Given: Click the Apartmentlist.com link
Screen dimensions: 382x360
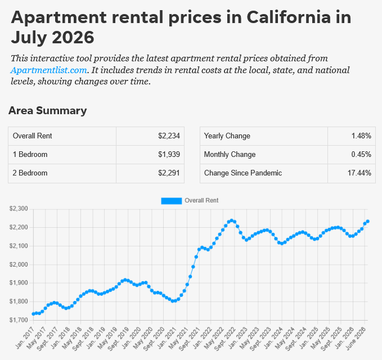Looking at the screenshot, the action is pyautogui.click(x=49, y=70).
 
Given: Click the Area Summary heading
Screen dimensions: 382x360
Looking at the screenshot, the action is pyautogui.click(x=47, y=111).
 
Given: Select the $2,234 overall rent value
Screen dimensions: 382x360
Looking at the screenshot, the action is pyautogui.click(x=169, y=136).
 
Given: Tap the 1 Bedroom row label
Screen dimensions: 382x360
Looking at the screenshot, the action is pyautogui.click(x=30, y=155).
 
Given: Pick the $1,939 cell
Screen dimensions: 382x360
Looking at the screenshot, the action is pyautogui.click(x=169, y=155).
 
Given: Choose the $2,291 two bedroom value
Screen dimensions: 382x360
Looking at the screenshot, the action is pyautogui.click(x=169, y=173).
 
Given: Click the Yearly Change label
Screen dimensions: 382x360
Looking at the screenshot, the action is pyautogui.click(x=227, y=136).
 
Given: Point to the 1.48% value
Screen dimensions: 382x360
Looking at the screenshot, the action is pyautogui.click(x=361, y=136).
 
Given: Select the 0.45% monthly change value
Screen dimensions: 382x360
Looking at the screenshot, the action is pyautogui.click(x=361, y=155).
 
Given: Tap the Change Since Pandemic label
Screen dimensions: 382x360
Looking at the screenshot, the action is pyautogui.click(x=243, y=173).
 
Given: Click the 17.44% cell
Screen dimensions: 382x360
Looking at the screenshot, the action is pyautogui.click(x=359, y=173).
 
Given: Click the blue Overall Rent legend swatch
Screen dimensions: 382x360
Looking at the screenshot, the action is pyautogui.click(x=171, y=201).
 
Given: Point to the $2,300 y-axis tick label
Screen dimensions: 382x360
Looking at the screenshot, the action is pyautogui.click(x=19, y=209).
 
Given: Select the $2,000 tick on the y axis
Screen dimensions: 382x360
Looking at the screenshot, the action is pyautogui.click(x=19, y=264).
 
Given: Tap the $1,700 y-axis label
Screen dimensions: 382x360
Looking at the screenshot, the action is pyautogui.click(x=19, y=320).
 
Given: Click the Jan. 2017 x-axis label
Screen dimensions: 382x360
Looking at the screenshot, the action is pyautogui.click(x=25, y=338).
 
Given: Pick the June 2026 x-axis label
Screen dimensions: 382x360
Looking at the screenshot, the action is pyautogui.click(x=356, y=338).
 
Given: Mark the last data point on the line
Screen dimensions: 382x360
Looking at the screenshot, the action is pyautogui.click(x=367, y=222).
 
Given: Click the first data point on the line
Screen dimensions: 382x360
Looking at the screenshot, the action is pyautogui.click(x=33, y=314).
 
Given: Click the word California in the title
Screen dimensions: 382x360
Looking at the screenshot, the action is pyautogui.click(x=289, y=17).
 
